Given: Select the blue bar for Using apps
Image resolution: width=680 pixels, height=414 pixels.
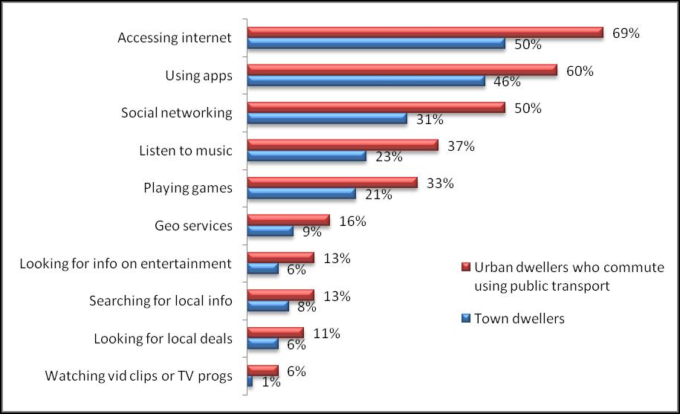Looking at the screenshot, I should point(366,81).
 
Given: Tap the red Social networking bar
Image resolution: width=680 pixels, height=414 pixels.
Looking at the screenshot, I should point(375,107).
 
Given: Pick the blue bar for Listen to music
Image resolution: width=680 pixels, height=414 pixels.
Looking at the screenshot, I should point(306,156).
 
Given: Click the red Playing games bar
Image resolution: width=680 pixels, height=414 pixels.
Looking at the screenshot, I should point(331,182).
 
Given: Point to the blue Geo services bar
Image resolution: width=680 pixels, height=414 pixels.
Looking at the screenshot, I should point(270,231).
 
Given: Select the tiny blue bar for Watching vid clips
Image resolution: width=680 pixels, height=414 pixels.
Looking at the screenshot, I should point(250,381).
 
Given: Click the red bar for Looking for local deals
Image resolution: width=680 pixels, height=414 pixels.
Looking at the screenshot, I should point(275,332).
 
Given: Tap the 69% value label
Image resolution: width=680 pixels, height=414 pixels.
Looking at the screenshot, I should point(624,33).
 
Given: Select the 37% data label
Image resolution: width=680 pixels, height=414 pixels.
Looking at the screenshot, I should point(461,146).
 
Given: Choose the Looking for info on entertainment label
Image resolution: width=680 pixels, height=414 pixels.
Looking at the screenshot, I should point(126,264).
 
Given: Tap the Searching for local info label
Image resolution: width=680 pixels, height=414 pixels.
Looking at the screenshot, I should point(161,301).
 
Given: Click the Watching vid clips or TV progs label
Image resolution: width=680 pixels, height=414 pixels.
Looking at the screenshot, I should point(139,376).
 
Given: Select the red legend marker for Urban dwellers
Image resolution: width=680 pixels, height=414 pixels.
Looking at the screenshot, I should point(466,268).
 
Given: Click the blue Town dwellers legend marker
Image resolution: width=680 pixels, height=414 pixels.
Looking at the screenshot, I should point(466,318).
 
